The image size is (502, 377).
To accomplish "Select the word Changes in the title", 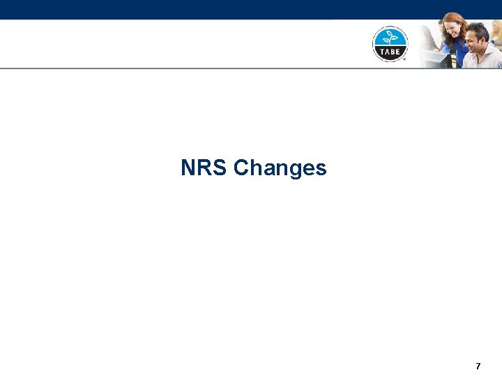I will click(280, 168).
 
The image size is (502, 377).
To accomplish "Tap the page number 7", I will click(478, 366).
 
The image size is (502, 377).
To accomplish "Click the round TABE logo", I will click(390, 43).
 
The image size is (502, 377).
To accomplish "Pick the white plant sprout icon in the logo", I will click(390, 34).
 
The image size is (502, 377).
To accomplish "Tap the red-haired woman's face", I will click(454, 29).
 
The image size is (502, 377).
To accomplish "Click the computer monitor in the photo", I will click(434, 59).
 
